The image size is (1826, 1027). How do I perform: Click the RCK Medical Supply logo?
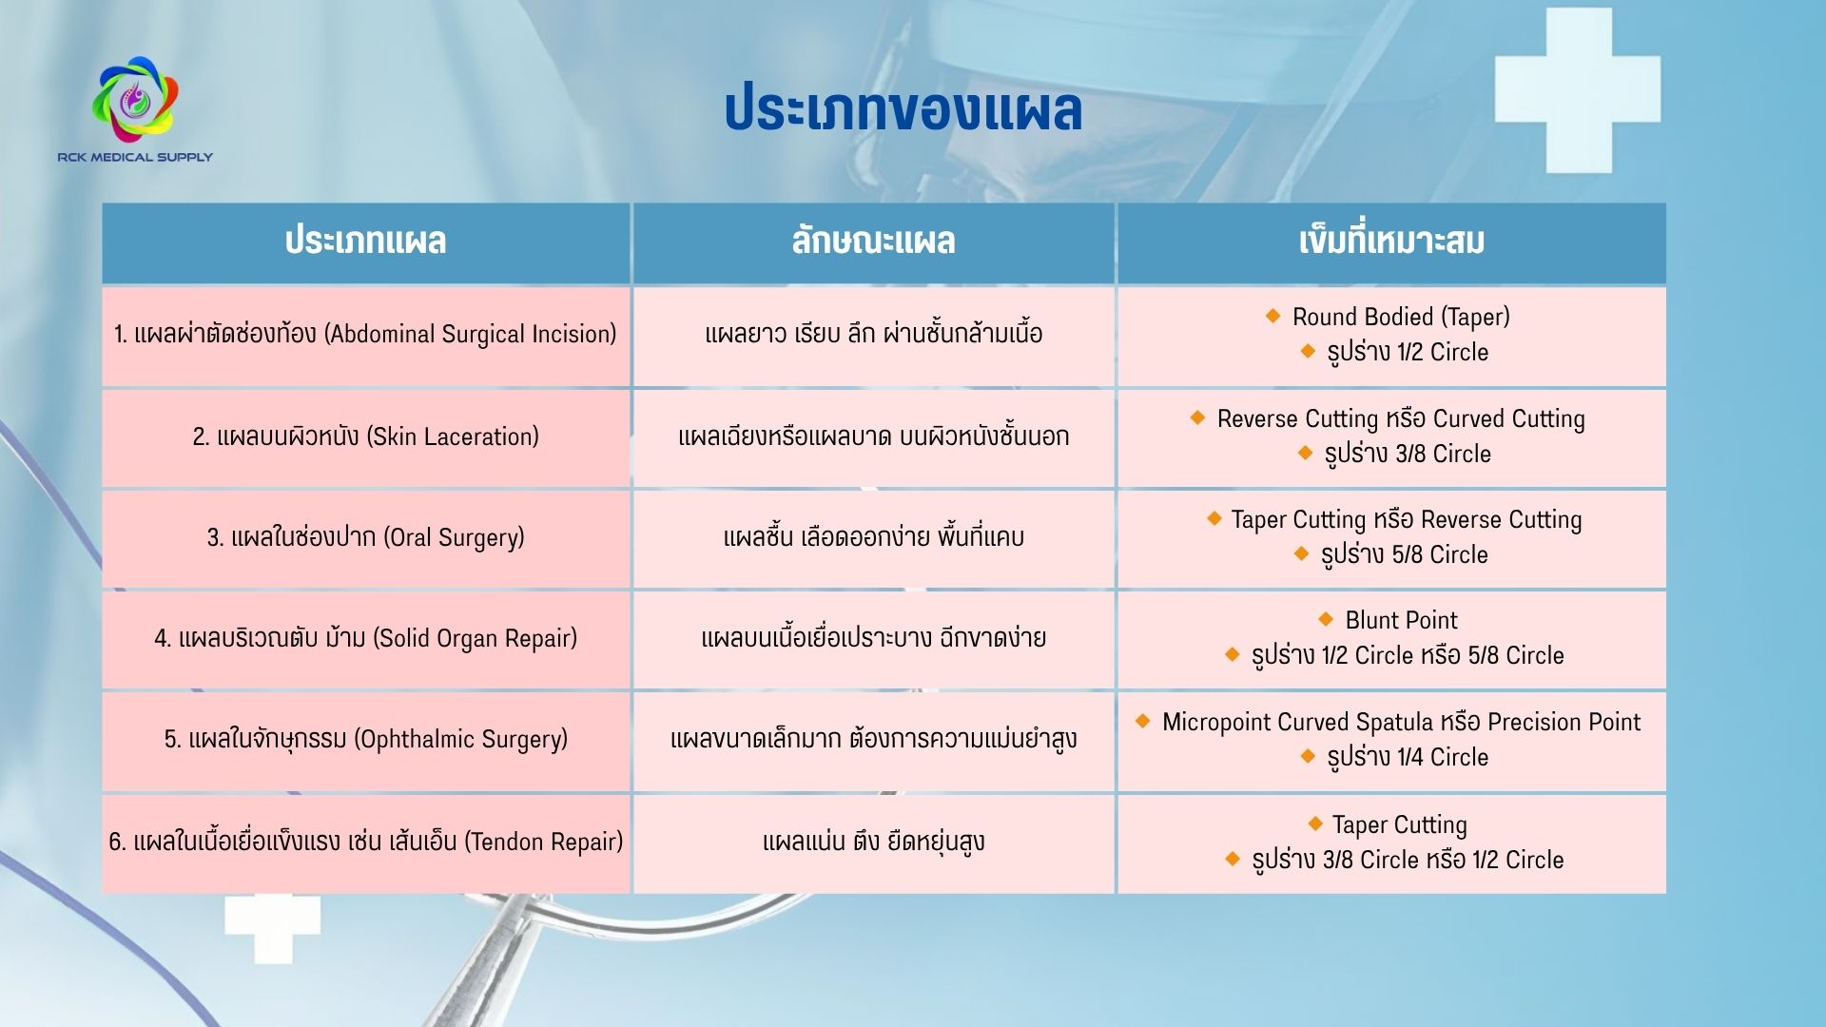click(x=135, y=108)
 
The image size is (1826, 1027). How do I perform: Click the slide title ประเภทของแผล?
click(x=903, y=109)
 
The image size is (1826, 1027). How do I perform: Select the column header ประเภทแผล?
click(x=366, y=242)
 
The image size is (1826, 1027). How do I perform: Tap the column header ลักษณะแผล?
click(x=874, y=242)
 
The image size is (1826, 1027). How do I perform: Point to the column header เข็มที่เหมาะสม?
click(x=1391, y=242)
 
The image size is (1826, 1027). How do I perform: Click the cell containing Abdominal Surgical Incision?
click(x=366, y=336)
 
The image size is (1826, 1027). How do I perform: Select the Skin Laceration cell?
click(x=366, y=437)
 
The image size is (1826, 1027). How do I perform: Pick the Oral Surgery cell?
click(x=366, y=538)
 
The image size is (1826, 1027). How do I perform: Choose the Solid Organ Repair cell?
click(x=366, y=639)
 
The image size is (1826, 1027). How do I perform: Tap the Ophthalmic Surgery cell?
click(x=366, y=741)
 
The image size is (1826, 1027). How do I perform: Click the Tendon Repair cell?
click(x=366, y=843)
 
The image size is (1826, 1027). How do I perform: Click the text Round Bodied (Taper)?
click(x=1401, y=317)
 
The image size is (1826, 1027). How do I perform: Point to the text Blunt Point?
click(x=1401, y=620)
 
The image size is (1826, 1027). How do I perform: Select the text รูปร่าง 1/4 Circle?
click(x=1408, y=757)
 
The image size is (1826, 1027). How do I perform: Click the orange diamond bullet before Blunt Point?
click(x=1327, y=619)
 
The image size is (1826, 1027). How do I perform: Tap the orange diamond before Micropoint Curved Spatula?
click(x=1143, y=721)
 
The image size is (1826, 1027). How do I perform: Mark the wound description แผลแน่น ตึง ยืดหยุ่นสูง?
click(x=874, y=842)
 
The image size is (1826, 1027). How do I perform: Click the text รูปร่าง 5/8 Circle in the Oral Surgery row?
click(x=1404, y=554)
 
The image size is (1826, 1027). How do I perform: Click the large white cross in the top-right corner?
click(x=1578, y=90)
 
